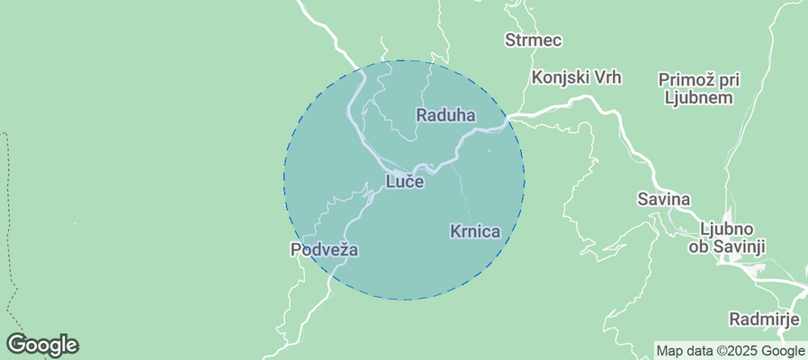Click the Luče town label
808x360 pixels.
pos(405,182)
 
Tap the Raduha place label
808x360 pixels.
pos(445,115)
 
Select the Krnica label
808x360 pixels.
pos(474,231)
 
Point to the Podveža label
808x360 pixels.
pos(324,249)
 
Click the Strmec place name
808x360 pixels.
pos(534,40)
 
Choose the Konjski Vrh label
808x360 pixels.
pos(577,77)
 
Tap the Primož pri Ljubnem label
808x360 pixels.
pos(698,88)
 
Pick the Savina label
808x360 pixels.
pos(663,199)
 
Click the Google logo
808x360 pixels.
pos(42,344)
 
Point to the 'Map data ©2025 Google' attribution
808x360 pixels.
pos(730,351)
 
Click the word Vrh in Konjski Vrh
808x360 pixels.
pos(606,77)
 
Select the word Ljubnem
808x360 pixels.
pos(698,97)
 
